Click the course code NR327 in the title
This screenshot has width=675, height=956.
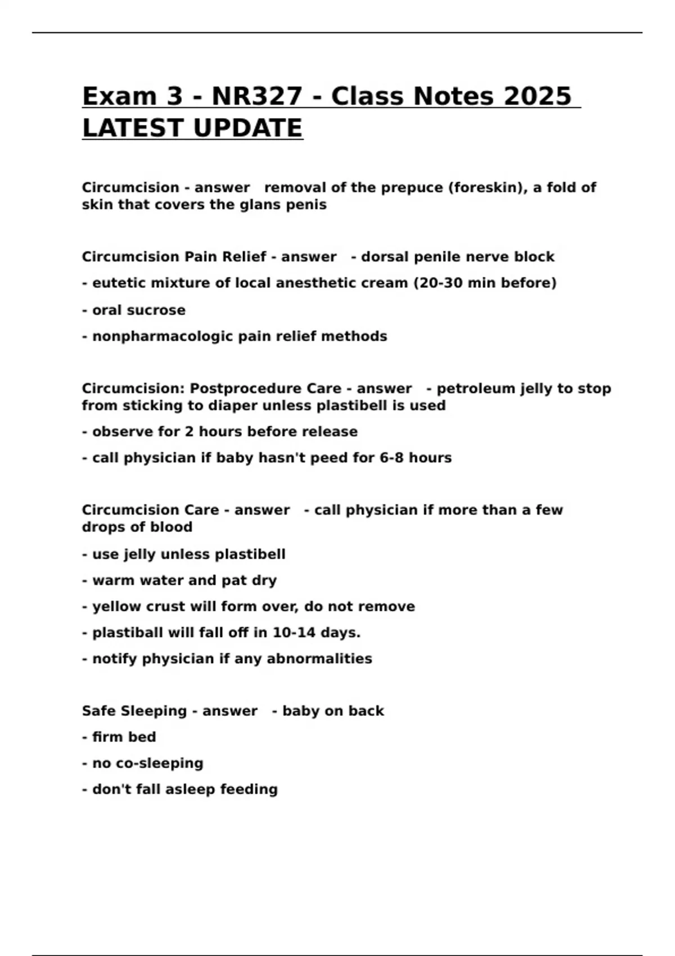pos(256,96)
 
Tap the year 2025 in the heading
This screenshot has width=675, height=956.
pos(537,96)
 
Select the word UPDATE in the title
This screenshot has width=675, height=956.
pos(247,128)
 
